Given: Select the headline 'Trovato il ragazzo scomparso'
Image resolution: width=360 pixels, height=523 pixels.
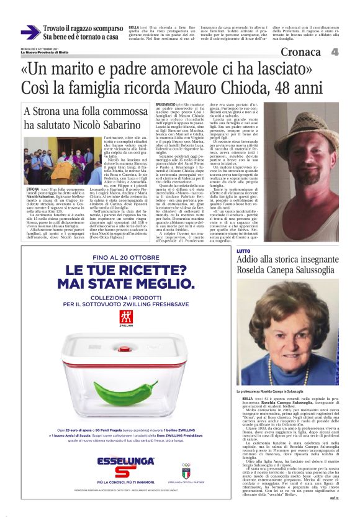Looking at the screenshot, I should coord(83,28).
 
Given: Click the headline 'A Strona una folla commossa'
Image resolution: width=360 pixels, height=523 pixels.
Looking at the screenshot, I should coord(82,112).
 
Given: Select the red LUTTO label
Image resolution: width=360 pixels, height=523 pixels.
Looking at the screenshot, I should coord(243,250).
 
